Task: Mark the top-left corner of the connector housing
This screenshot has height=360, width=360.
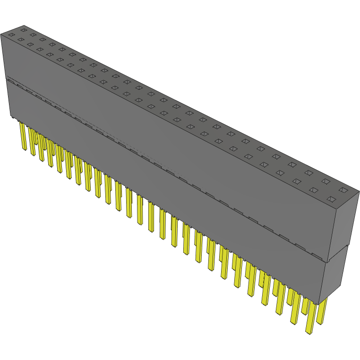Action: point(1,34)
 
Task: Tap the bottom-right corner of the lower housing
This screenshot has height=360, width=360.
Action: point(326,302)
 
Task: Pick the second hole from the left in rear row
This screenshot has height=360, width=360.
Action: point(33,34)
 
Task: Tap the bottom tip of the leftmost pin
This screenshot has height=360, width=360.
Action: point(25,150)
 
